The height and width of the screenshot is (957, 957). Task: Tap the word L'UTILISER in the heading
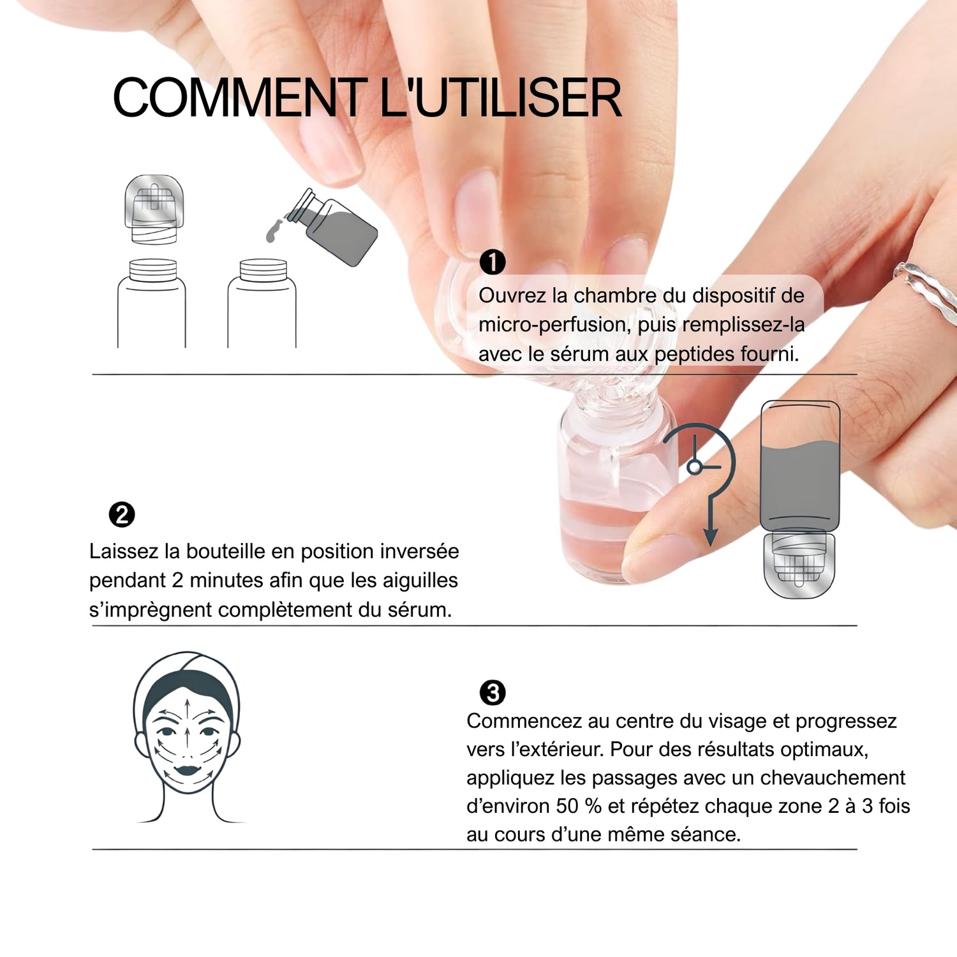click(x=500, y=98)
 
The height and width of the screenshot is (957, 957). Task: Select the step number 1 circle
click(x=493, y=262)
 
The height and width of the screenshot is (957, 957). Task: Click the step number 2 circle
click(x=122, y=514)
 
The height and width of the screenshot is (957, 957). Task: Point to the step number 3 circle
click(x=493, y=692)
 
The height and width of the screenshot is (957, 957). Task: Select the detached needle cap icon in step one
click(x=154, y=209)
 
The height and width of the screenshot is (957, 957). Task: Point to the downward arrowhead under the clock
click(x=710, y=537)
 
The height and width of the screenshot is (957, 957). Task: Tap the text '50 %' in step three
click(x=579, y=806)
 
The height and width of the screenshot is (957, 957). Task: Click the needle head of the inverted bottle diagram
click(x=799, y=565)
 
